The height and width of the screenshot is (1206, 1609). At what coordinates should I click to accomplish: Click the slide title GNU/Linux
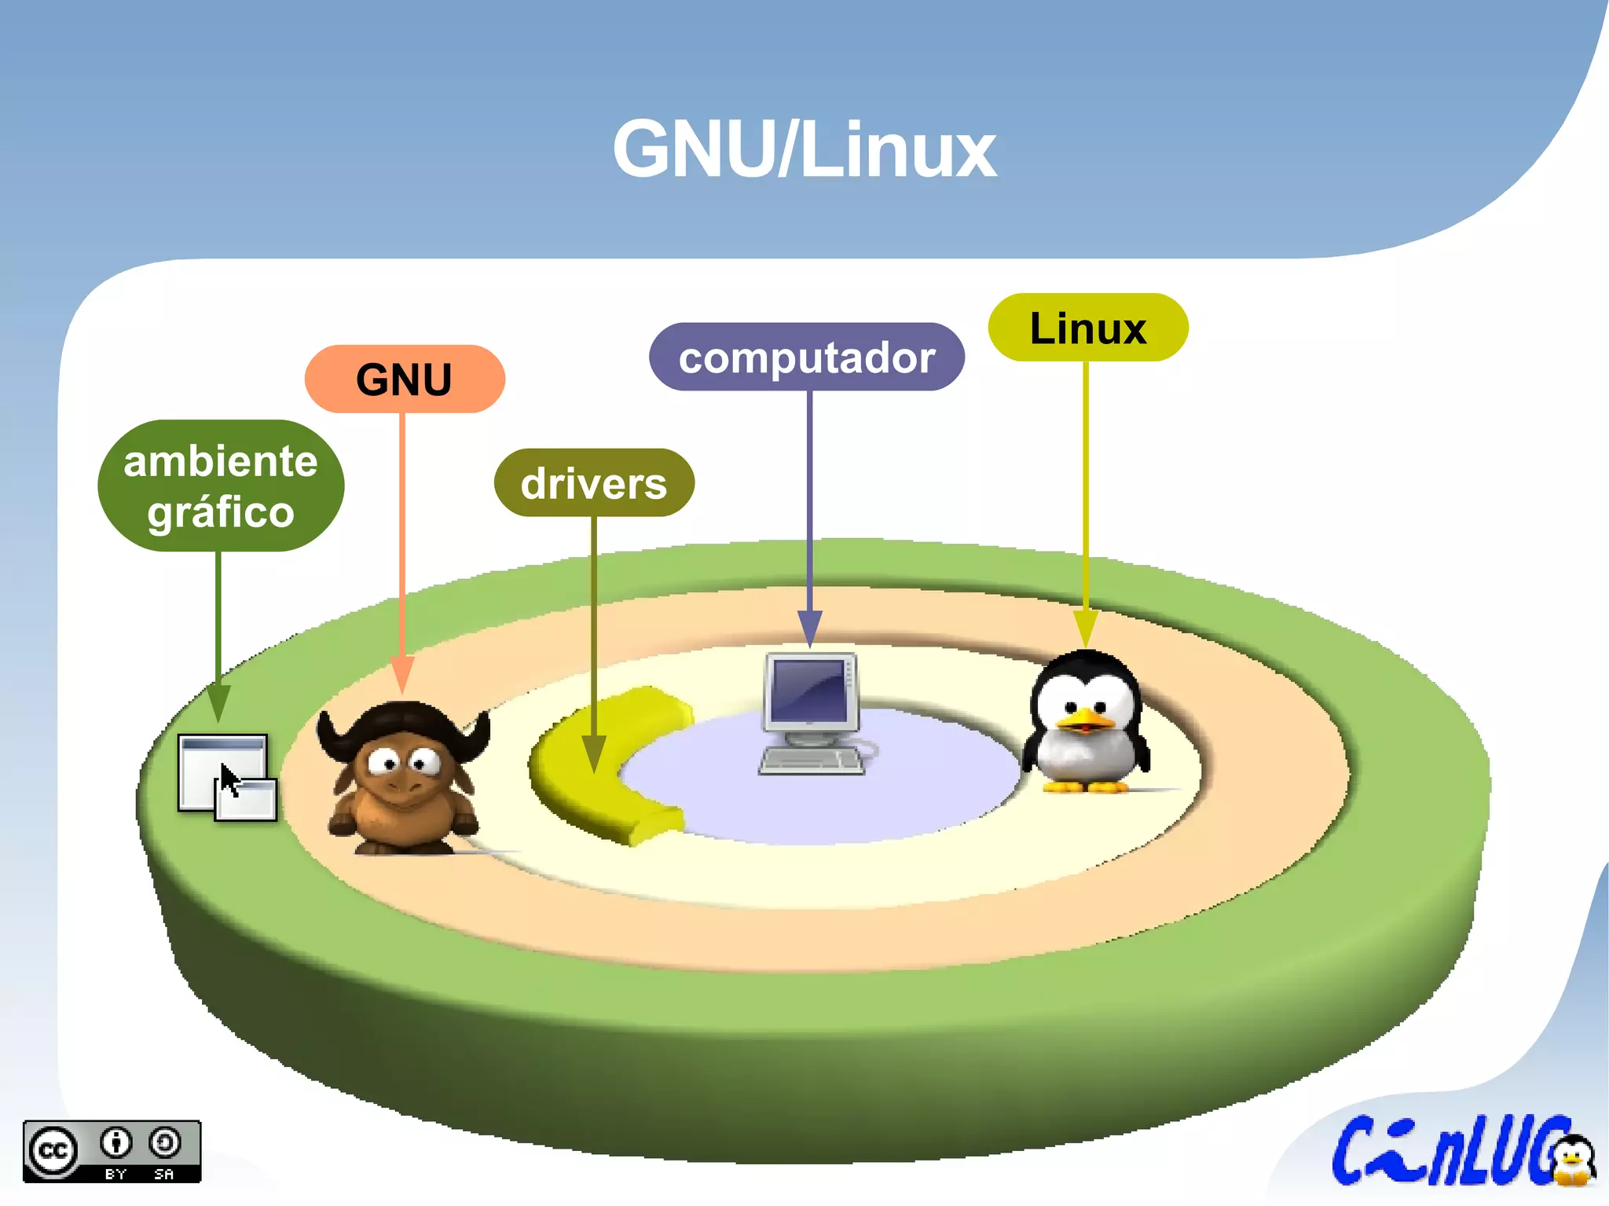[x=804, y=149]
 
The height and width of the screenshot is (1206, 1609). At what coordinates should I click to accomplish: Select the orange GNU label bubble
[x=404, y=379]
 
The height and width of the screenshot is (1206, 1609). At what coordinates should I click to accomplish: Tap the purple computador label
[x=807, y=357]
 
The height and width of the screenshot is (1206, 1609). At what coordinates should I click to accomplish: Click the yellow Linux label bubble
[x=1087, y=328]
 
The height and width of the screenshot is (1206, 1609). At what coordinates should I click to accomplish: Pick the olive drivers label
[x=594, y=483]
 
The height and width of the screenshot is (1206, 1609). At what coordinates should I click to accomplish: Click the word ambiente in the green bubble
[x=221, y=461]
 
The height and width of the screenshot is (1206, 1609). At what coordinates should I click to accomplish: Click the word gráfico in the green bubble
[x=221, y=512]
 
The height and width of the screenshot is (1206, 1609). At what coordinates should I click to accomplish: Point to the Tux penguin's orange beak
[x=1086, y=718]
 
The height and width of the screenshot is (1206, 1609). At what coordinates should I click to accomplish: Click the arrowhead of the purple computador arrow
[x=809, y=629]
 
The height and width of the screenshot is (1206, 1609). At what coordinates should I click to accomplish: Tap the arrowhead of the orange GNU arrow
[x=402, y=674]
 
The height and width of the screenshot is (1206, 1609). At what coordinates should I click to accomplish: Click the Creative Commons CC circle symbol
[x=53, y=1151]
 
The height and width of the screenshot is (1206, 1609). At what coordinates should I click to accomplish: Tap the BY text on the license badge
[x=116, y=1174]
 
